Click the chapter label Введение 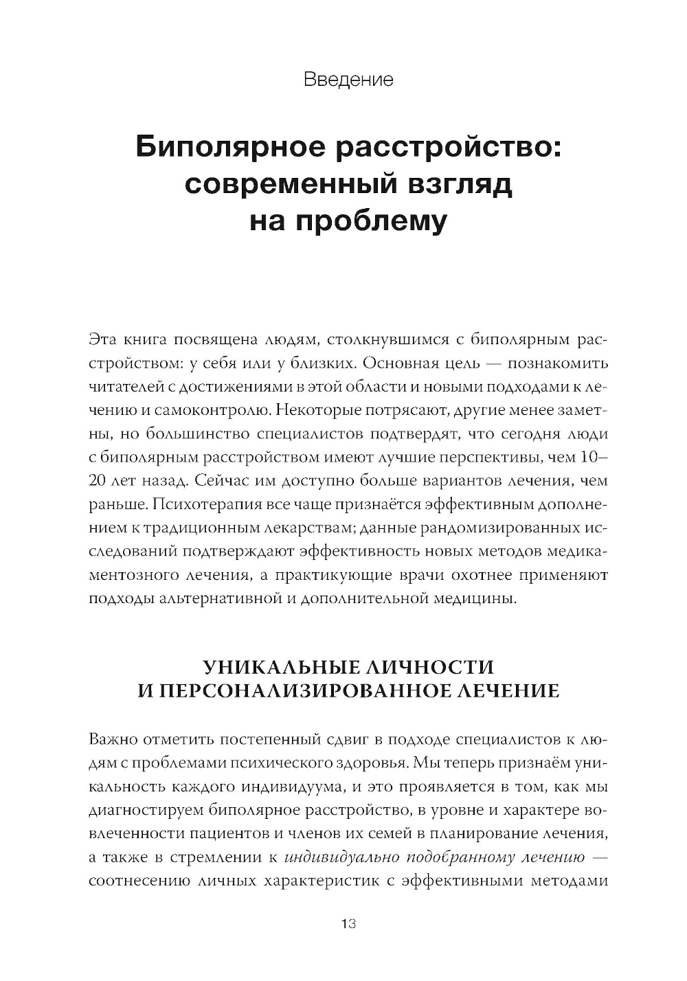point(348,80)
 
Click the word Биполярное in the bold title point(234,148)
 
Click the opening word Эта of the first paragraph point(103,339)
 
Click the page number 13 point(348,924)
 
